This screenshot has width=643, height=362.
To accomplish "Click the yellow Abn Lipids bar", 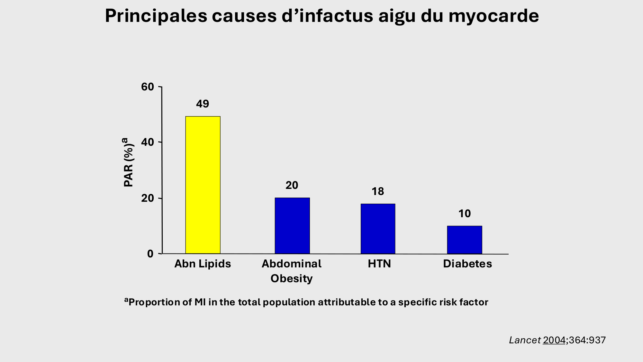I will (203, 185).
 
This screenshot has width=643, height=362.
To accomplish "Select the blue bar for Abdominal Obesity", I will (292, 226).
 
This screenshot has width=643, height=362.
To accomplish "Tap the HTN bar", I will (378, 228).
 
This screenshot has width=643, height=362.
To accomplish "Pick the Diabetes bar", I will (464, 240).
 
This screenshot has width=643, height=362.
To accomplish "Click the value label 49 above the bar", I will (203, 104).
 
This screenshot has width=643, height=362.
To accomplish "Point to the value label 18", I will (378, 191).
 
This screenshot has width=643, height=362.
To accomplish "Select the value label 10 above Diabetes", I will (464, 214).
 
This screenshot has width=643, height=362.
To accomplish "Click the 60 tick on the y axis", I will (148, 87).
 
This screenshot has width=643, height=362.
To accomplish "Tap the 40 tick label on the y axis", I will (148, 142).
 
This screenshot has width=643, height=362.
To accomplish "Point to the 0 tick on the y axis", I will (150, 254).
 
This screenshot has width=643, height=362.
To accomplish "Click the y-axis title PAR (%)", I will (129, 162).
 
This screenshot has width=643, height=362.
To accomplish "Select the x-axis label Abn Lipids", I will (203, 264).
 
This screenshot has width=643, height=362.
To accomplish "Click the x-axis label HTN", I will (379, 264).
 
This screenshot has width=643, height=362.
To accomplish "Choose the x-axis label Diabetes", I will (467, 264).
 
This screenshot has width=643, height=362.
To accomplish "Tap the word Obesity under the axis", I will (291, 278).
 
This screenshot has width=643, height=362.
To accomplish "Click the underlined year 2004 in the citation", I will (554, 340).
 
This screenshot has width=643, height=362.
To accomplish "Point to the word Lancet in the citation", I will (525, 340).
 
